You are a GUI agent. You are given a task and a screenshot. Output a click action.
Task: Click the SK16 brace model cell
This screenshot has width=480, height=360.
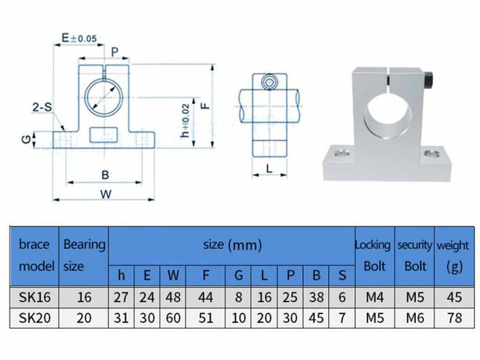pos(33,297)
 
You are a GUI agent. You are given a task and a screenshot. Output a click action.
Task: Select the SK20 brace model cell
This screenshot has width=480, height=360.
pos(33,317)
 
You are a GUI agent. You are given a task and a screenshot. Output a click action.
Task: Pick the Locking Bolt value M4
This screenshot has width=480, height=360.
pos(372,297)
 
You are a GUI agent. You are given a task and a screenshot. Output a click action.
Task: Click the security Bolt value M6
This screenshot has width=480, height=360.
pos(414,317)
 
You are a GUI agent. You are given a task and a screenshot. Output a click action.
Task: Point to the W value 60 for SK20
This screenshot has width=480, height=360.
pos(173,317)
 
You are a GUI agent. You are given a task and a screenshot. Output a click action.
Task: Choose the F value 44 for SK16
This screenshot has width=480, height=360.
pos(205,297)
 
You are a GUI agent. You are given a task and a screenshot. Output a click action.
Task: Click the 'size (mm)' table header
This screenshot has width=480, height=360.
pos(231,244)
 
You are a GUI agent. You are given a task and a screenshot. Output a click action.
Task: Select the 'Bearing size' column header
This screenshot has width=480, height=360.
pos(84,254)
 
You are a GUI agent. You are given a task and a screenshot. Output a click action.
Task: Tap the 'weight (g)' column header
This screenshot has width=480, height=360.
pos(452,254)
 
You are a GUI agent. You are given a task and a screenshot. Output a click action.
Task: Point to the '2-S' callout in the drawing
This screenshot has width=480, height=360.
pos(42,107)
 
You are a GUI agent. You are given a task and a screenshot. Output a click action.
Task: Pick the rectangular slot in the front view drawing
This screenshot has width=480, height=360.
pos(104,135)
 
